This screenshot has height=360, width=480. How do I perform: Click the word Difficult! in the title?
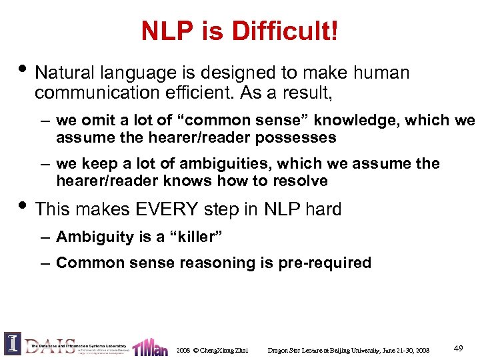tap(286, 31)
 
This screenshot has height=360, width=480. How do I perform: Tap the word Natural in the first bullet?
tap(62, 73)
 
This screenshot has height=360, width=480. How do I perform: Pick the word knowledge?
tap(375, 121)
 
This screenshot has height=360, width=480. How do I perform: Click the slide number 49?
tap(458, 348)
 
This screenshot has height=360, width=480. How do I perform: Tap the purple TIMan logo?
tap(150, 347)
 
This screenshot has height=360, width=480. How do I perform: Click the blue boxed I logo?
tap(12, 343)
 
